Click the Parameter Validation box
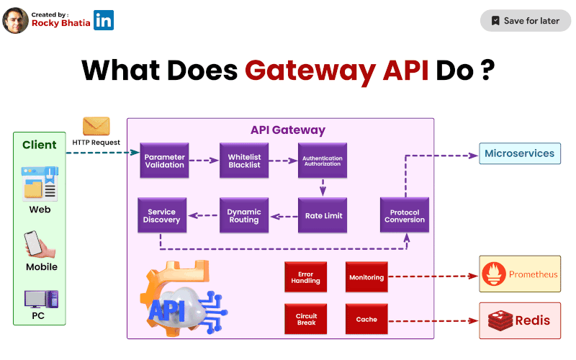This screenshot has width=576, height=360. (x=164, y=161)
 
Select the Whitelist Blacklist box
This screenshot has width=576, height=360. (x=243, y=161)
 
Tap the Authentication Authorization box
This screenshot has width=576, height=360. (x=323, y=161)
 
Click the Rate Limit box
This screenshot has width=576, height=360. (x=323, y=215)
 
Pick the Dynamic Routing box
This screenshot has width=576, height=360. (x=243, y=215)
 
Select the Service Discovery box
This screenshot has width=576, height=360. (x=162, y=215)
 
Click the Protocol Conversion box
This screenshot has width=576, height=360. (x=405, y=215)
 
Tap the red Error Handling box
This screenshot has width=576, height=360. (x=307, y=277)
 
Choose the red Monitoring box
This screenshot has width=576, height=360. (x=366, y=277)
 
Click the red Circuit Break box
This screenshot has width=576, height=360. (x=307, y=319)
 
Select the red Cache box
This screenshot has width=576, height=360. (x=366, y=319)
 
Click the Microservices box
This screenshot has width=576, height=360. (x=519, y=153)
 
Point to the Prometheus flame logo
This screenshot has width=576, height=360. (x=494, y=274)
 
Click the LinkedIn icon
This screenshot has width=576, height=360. (x=104, y=20)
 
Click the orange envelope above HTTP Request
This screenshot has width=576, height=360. (x=96, y=126)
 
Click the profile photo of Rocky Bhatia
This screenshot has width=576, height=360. (x=16, y=20)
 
